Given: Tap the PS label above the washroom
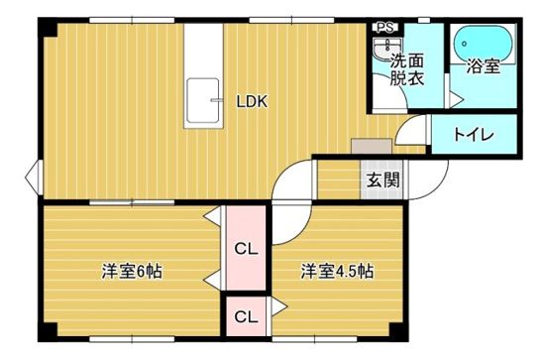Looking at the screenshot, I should click(381, 29).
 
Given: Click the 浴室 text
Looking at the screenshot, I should click(483, 68).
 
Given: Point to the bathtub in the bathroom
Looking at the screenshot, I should click(483, 43).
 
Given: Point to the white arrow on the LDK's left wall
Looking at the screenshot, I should click(33, 180).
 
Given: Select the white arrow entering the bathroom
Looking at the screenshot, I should click(451, 98).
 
